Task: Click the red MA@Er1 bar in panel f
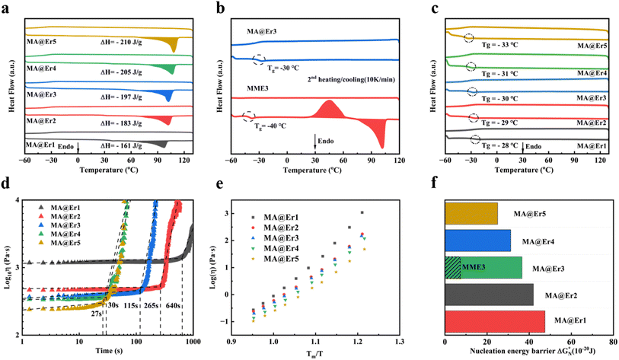(x=494, y=321)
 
